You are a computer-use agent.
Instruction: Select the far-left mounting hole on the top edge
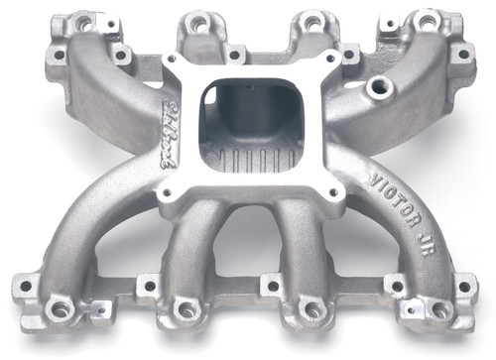[83, 21]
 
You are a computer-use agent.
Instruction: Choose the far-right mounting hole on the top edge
[427, 19]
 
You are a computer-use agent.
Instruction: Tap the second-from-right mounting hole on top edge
[312, 20]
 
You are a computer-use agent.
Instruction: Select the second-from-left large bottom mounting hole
[186, 310]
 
